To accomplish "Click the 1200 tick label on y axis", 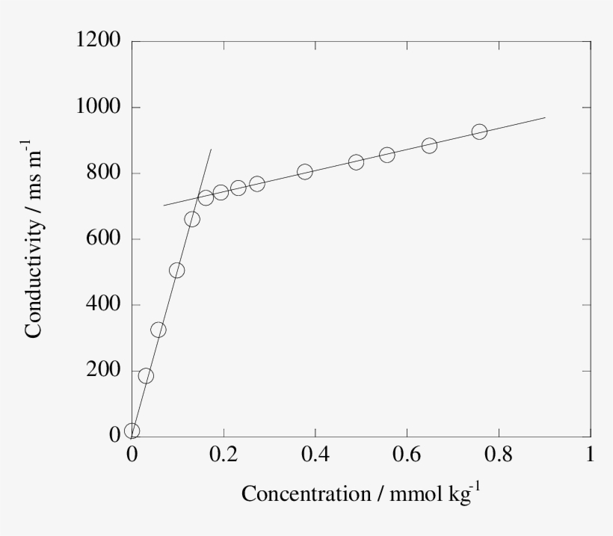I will point(99,40).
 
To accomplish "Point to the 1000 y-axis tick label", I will point(99,107).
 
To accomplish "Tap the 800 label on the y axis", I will point(104,173).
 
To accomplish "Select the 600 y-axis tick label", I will point(104,239).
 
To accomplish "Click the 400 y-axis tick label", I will point(104,305).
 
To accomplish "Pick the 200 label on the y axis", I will point(104,371).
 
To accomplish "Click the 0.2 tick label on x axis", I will point(224,455).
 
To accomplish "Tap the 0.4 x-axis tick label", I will point(315,455).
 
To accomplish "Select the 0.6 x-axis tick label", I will point(407,455).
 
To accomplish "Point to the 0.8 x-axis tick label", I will point(499,455).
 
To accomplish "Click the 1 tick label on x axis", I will point(591,455).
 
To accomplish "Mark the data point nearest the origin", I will point(132,431).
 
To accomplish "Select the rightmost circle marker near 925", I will point(479,132).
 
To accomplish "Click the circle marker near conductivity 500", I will point(176,271).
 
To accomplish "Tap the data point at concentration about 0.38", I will point(304,171).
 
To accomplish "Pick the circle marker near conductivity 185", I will point(146,375).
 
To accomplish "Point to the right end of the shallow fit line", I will point(545,117).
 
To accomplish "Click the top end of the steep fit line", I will point(212,149).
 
